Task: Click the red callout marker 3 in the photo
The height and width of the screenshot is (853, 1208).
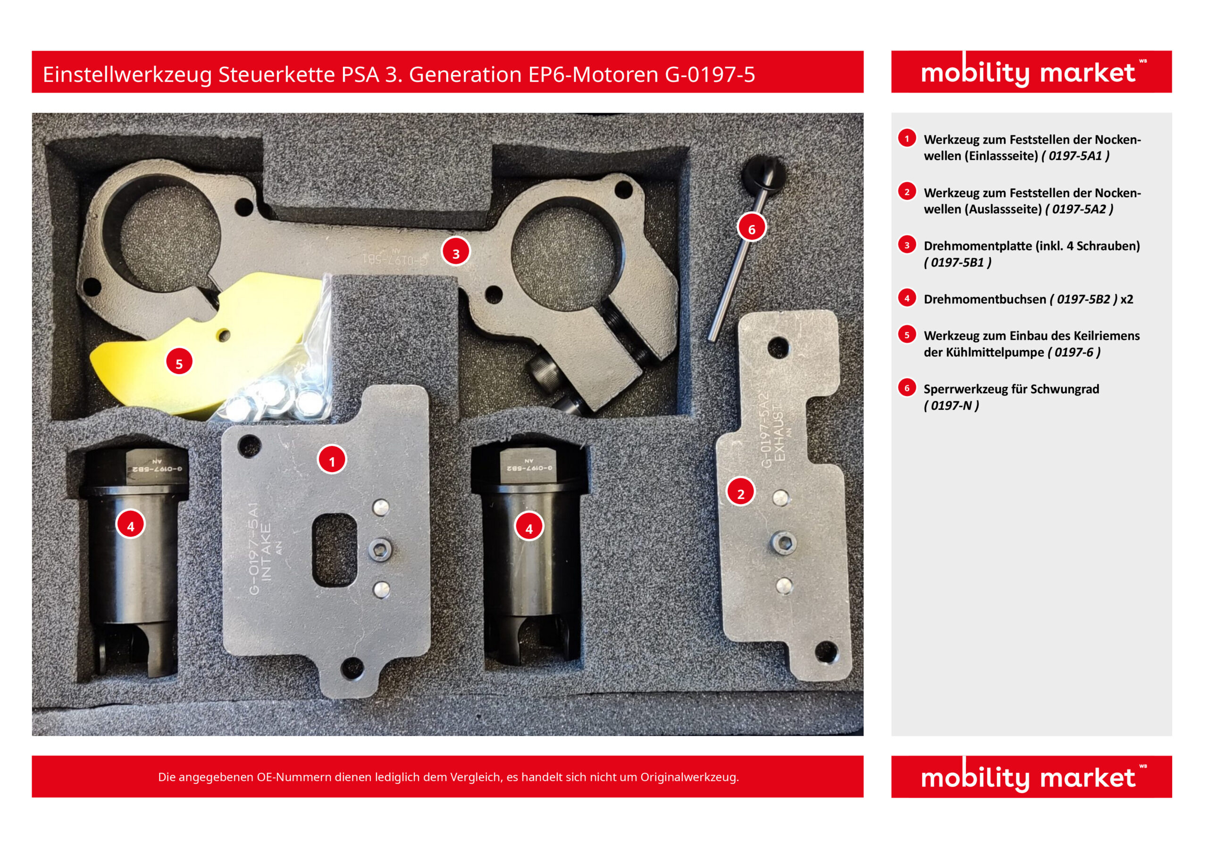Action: (456, 252)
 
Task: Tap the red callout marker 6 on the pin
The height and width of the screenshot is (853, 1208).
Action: (751, 228)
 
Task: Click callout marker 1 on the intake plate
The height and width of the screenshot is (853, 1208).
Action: (331, 460)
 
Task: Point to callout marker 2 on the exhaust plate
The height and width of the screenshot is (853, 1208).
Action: (740, 492)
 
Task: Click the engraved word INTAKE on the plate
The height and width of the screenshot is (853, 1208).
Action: (267, 552)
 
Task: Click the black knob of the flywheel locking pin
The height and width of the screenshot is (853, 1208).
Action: (763, 173)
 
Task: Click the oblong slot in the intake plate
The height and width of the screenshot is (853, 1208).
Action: (335, 550)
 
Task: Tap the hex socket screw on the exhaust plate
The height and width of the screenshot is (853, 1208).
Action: (783, 542)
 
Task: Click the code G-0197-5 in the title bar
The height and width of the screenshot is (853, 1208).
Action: (710, 75)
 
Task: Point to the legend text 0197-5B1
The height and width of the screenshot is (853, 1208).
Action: (957, 262)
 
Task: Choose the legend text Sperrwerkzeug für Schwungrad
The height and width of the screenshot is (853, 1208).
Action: (1011, 389)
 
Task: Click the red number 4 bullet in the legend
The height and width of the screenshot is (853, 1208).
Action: (906, 298)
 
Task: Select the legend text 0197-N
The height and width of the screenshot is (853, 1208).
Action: (951, 406)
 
